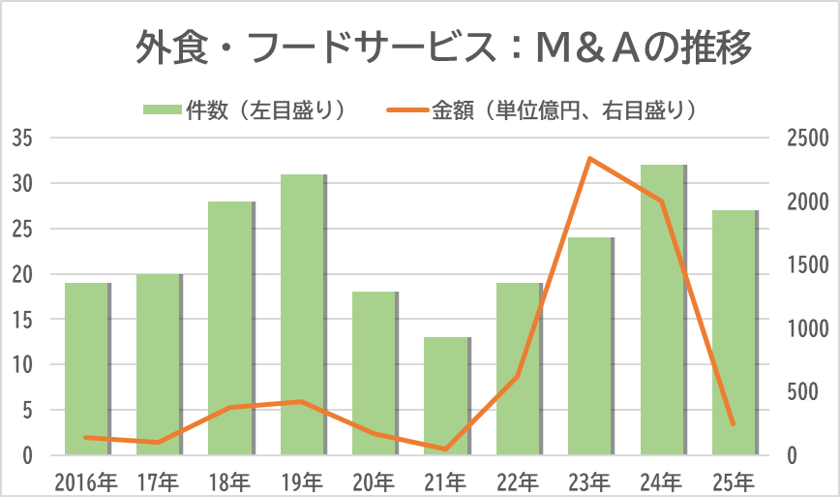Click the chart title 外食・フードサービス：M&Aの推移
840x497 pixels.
pyautogui.click(x=444, y=47)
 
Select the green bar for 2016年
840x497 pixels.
pyautogui.click(x=87, y=369)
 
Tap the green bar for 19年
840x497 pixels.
pyautogui.click(x=303, y=315)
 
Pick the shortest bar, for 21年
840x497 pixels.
pyautogui.click(x=446, y=396)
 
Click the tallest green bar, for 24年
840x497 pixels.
pyautogui.click(x=662, y=310)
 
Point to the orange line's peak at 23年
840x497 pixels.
pyautogui.click(x=590, y=159)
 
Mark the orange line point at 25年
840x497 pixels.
pyautogui.click(x=734, y=423)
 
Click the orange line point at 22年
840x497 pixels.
pyautogui.click(x=518, y=376)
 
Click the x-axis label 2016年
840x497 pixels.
pyautogui.click(x=87, y=480)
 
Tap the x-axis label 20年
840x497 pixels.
pyautogui.click(x=375, y=480)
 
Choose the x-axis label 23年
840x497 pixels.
pyautogui.click(x=590, y=480)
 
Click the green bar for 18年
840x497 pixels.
pyautogui.click(x=231, y=328)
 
